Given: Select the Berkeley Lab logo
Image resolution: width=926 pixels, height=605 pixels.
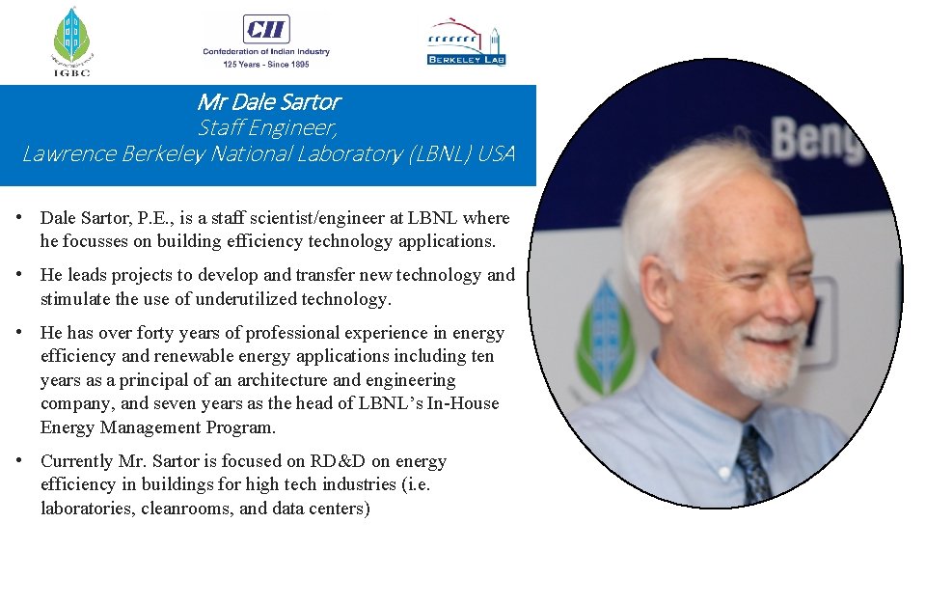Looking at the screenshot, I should pyautogui.click(x=467, y=41).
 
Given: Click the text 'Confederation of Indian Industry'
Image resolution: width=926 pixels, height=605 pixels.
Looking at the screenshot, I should pyautogui.click(x=265, y=51).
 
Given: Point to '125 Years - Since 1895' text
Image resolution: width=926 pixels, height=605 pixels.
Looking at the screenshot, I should pyautogui.click(x=265, y=65).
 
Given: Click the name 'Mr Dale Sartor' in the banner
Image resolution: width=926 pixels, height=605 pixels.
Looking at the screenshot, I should pyautogui.click(x=268, y=101).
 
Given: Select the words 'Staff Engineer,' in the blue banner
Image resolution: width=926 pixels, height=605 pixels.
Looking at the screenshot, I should pyautogui.click(x=268, y=127).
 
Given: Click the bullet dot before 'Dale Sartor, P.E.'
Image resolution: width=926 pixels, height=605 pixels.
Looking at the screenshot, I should pyautogui.click(x=19, y=218).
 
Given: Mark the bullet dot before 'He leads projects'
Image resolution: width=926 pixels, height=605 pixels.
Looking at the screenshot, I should pyautogui.click(x=19, y=275).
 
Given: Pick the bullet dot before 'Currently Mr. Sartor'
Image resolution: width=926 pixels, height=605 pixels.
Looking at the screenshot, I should pyautogui.click(x=19, y=461).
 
